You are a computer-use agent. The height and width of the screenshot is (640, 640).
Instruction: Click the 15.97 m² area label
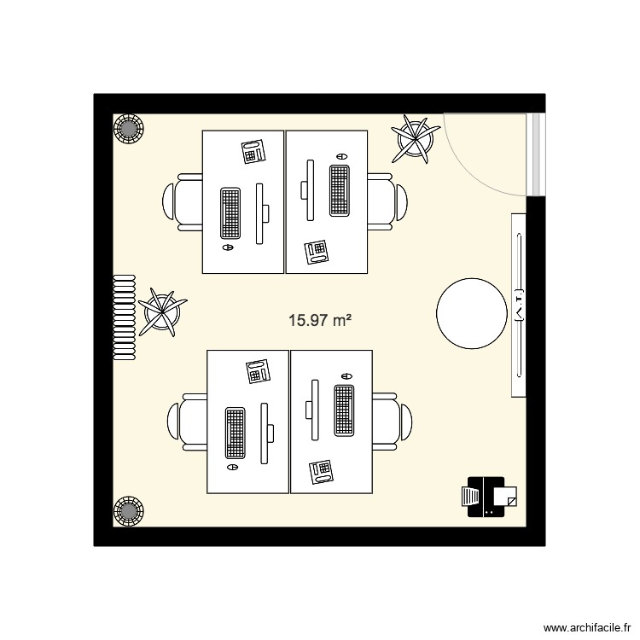pos(321,322)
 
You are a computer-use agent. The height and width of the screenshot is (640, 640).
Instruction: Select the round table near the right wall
pos(470,312)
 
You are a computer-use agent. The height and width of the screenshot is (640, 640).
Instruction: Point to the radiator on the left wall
pos(125,318)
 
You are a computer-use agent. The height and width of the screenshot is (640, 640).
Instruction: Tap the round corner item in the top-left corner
pos(129,130)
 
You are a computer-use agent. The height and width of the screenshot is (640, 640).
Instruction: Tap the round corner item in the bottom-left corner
pos(129,510)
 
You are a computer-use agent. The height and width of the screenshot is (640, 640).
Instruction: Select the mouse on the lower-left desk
pos(231,468)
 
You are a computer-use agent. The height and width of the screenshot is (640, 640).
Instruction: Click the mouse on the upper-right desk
pos(341,157)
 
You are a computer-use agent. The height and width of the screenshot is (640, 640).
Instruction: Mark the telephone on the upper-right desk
pos(316,251)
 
